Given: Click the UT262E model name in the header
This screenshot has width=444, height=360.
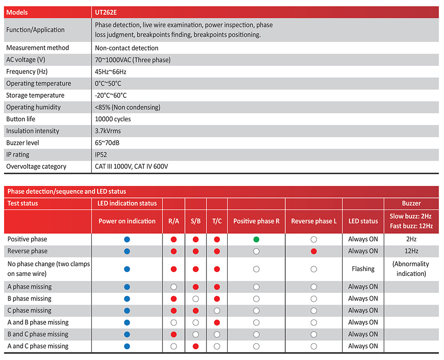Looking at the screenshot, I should pyautogui.click(x=105, y=12).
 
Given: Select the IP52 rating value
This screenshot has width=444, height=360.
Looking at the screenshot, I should pyautogui.click(x=101, y=155).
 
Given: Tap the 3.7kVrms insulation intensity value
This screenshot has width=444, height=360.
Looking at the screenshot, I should pyautogui.click(x=108, y=131).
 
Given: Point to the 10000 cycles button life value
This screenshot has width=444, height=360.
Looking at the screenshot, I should pyautogui.click(x=113, y=119).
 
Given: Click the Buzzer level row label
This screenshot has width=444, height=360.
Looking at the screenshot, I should pyautogui.click(x=23, y=143).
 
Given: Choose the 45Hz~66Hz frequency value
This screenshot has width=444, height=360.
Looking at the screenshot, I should pyautogui.click(x=111, y=72).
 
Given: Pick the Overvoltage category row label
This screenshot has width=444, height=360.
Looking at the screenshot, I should pyautogui.click(x=36, y=167).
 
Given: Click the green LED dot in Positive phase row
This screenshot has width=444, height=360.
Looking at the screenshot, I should pyautogui.click(x=256, y=239).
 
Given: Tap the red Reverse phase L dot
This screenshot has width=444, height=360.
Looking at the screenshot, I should pyautogui.click(x=314, y=251).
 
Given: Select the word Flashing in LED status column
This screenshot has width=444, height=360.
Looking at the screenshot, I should pyautogui.click(x=363, y=269).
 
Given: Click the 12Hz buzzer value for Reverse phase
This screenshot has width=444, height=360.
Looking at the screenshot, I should pyautogui.click(x=411, y=251).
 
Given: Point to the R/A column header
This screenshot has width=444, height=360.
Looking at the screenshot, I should pyautogui.click(x=174, y=221).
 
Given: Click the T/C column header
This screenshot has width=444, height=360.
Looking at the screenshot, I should pyautogui.click(x=217, y=221).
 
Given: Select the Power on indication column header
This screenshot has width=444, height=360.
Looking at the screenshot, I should pyautogui.click(x=127, y=221).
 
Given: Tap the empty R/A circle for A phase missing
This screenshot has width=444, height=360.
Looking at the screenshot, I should pyautogui.click(x=174, y=287).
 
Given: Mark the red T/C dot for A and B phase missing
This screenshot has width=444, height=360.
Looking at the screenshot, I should pyautogui.click(x=217, y=322).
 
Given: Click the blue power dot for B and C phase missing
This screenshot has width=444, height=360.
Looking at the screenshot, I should pyautogui.click(x=127, y=334).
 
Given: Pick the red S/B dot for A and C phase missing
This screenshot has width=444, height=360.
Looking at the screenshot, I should pyautogui.click(x=195, y=346).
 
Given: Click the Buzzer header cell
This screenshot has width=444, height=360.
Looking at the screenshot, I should pyautogui.click(x=411, y=204).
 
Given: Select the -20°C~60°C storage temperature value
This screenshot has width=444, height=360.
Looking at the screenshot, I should pyautogui.click(x=111, y=96).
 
